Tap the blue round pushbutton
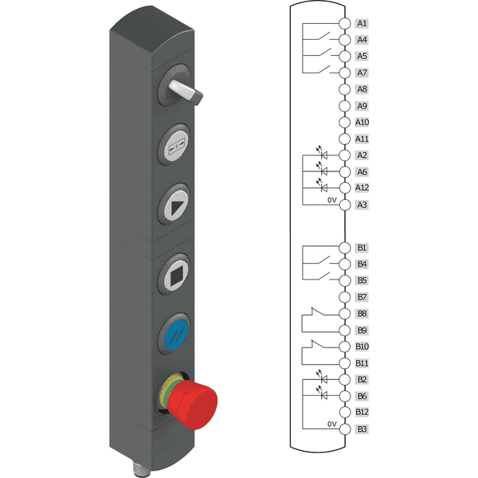coord(175,334)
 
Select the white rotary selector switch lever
coord(186,92)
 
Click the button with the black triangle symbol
coord(175,205)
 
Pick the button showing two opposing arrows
coord(176,145)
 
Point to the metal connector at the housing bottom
coord(138,469)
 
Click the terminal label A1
coord(362,23)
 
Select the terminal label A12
coord(362,187)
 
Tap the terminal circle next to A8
coord(345,89)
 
